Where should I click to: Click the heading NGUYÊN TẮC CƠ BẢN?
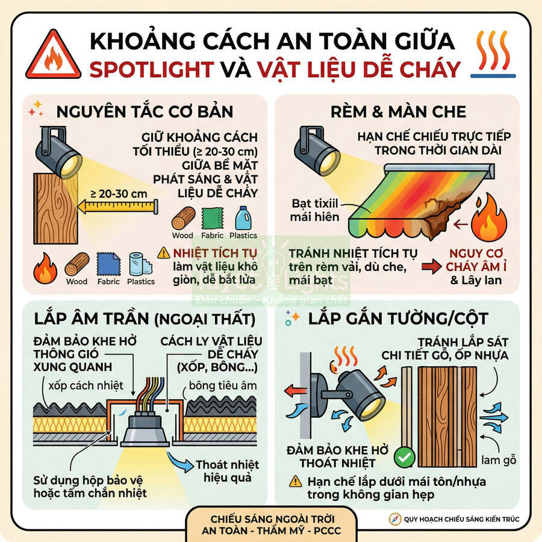coord(145,112)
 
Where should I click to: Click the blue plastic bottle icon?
coord(243,219)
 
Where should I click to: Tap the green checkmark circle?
coord(403,458)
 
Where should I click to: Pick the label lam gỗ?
coord(496,461)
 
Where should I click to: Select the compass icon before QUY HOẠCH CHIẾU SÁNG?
coord(394,519)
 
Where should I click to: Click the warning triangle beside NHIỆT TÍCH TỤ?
coord(163,253)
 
